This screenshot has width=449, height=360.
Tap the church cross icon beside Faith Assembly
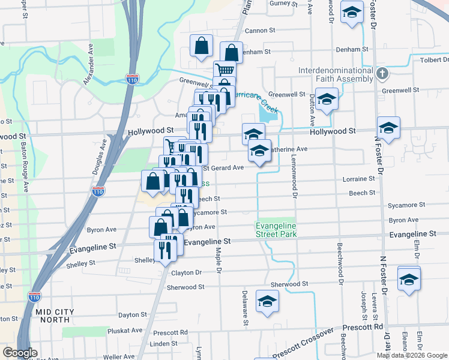(x=382, y=74)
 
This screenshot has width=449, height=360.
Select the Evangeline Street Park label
(x=276, y=230)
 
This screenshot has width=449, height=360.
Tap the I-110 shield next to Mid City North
(x=35, y=296)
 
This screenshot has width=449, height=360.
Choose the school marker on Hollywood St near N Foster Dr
(x=388, y=128)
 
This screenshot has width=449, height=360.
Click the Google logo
(x=20, y=353)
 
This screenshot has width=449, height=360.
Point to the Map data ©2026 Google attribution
(x=411, y=355)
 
